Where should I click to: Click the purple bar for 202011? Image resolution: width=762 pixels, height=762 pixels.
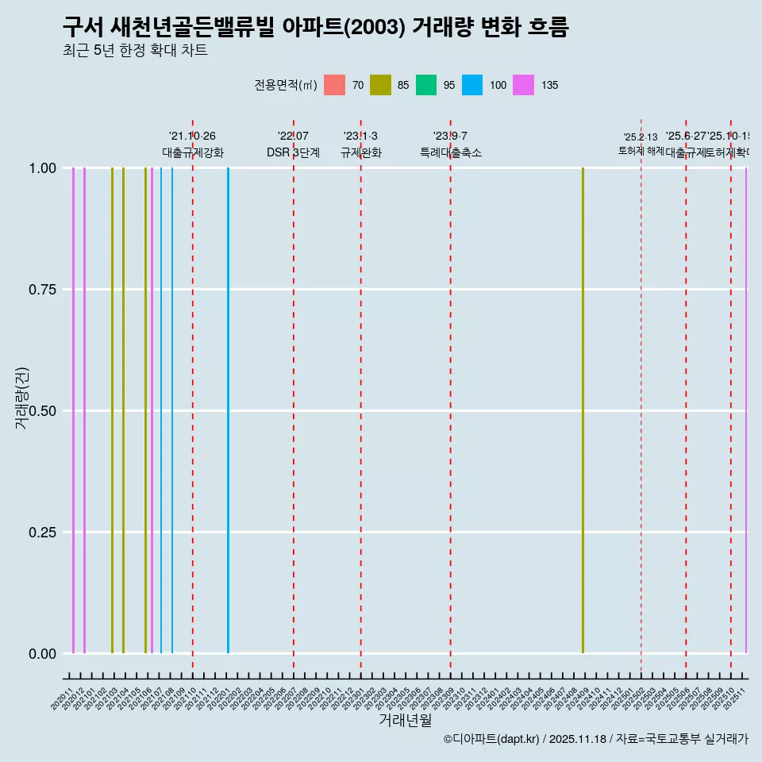pyautogui.click(x=73, y=410)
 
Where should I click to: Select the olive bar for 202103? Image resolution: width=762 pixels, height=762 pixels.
pyautogui.click(x=112, y=410)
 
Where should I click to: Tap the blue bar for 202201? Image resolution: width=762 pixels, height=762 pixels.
pyautogui.click(x=228, y=410)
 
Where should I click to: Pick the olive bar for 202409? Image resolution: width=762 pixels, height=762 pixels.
pyautogui.click(x=583, y=410)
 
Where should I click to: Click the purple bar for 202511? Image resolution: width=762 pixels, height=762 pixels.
pyautogui.click(x=746, y=410)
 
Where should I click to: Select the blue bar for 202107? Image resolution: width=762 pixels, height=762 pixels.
pyautogui.click(x=161, y=410)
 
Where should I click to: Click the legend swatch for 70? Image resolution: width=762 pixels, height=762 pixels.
pyautogui.click(x=335, y=85)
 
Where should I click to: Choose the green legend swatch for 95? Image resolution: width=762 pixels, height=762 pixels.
pyautogui.click(x=426, y=85)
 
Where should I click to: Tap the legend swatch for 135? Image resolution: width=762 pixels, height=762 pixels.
pyautogui.click(x=523, y=85)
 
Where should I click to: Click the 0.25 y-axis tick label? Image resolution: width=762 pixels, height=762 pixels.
pyautogui.click(x=40, y=533)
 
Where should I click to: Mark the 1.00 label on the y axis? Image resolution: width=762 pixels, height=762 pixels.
pyautogui.click(x=40, y=168)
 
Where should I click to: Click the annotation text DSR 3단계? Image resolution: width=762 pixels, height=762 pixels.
pyautogui.click(x=293, y=152)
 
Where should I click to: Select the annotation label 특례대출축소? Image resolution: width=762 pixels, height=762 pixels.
pyautogui.click(x=451, y=152)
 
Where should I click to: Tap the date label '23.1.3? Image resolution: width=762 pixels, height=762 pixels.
pyautogui.click(x=360, y=137)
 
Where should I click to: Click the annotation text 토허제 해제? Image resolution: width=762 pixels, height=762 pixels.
pyautogui.click(x=641, y=151)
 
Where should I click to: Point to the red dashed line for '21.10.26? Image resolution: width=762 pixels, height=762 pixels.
pyautogui.click(x=193, y=397)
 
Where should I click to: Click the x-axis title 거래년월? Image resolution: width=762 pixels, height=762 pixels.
pyautogui.click(x=405, y=720)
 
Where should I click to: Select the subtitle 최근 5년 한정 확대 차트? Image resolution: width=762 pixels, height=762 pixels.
pyautogui.click(x=135, y=51)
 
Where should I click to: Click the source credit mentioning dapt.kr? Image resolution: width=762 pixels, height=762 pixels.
pyautogui.click(x=595, y=739)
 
